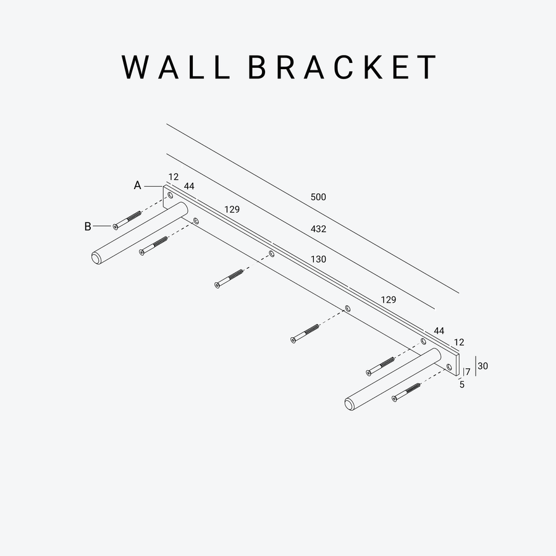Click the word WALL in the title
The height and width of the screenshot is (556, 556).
coord(176,67)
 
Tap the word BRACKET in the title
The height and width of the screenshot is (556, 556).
coord(342,67)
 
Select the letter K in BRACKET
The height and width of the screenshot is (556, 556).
coord(379,67)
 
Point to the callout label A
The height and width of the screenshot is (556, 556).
coord(138,185)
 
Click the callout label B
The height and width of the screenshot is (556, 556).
coord(88,227)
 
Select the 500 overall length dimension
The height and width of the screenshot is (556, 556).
coord(318,198)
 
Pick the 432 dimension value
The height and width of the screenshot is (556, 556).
coord(318,229)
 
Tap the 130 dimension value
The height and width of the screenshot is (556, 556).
coord(318,260)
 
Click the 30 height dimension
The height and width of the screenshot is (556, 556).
coord(483,366)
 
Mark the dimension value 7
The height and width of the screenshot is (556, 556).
coord(468,372)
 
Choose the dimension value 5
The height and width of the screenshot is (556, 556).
coord(462,384)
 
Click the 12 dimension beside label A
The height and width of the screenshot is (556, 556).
coord(173,177)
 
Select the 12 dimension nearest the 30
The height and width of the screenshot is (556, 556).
coord(459,342)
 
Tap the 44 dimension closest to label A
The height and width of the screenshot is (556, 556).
coord(189,187)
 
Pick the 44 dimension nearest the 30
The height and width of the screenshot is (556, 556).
coord(439,331)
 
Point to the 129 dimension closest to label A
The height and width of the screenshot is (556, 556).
coord(232,210)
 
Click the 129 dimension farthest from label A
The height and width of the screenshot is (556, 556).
coord(389,300)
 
